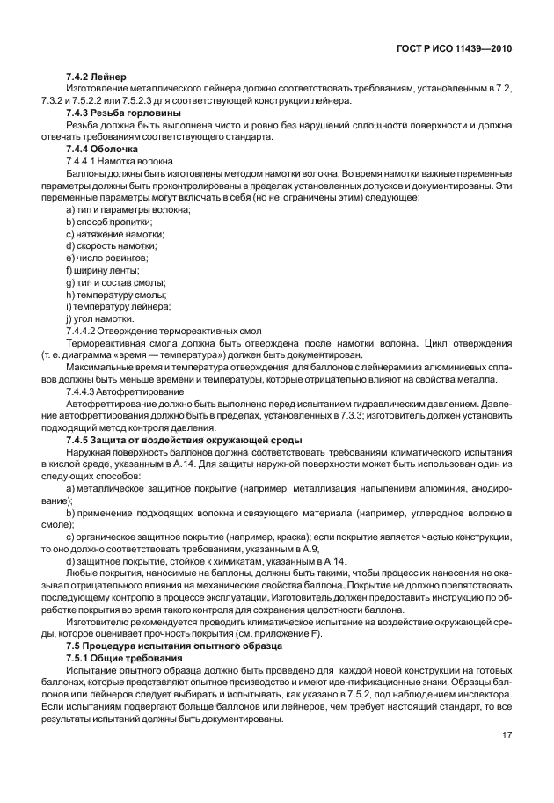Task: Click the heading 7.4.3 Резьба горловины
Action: (123, 113)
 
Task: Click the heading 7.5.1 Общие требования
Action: (124, 658)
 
